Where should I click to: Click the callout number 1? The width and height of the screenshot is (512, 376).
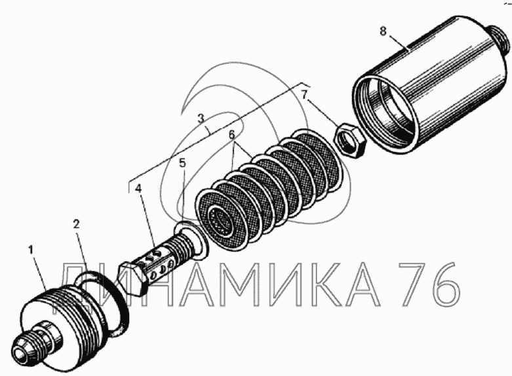(31, 250)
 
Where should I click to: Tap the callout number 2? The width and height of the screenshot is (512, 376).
(76, 224)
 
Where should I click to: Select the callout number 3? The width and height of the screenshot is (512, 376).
(201, 117)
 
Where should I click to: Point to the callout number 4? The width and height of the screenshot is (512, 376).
(138, 189)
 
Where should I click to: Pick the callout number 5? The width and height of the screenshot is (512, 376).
(182, 163)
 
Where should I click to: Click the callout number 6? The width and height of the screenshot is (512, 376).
(231, 134)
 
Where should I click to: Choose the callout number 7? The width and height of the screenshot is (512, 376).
(305, 95)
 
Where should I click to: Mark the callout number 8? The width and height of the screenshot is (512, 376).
(384, 31)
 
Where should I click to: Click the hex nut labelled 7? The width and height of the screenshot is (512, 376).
(349, 140)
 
